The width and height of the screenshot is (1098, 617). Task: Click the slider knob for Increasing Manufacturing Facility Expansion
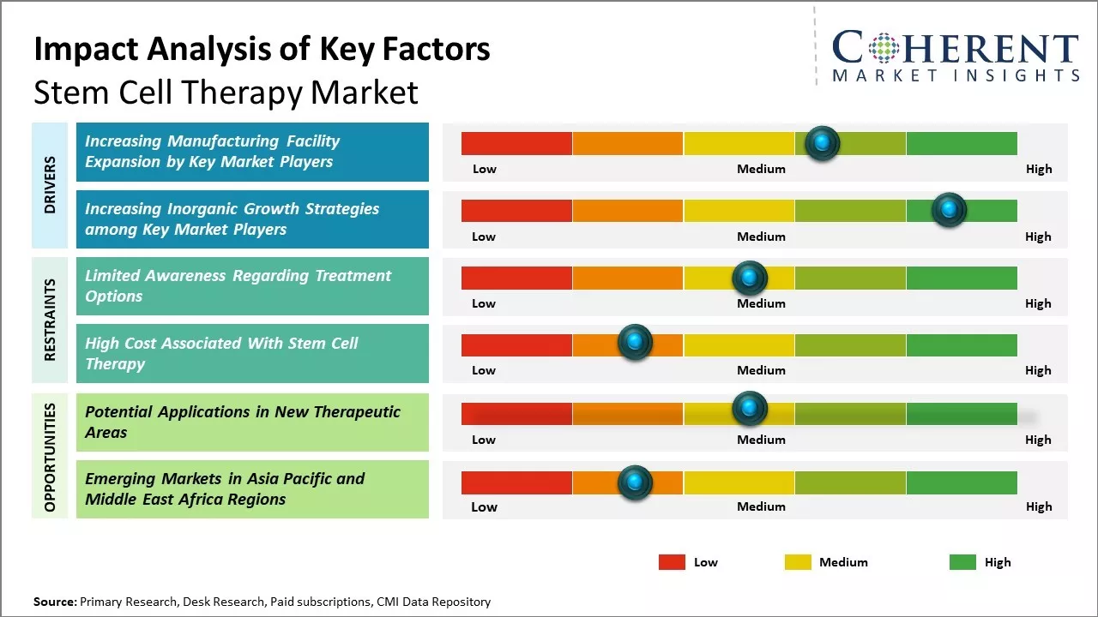(x=822, y=143)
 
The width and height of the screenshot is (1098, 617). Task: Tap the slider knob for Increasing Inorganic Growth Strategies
(x=949, y=210)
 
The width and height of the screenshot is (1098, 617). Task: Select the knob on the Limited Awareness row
(x=749, y=278)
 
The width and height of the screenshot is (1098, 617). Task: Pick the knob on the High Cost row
(x=635, y=343)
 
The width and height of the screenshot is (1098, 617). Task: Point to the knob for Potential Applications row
(x=749, y=409)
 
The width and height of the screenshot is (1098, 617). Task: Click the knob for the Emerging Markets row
(x=635, y=482)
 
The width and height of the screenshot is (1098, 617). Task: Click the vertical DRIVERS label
(x=50, y=185)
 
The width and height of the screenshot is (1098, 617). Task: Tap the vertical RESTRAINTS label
(x=50, y=320)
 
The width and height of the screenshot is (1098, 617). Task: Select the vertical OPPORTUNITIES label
(x=50, y=457)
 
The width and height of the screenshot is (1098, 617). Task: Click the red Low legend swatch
(x=672, y=562)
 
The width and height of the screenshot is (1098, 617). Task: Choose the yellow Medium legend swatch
(x=798, y=562)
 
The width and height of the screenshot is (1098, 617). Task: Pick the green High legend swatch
(x=962, y=562)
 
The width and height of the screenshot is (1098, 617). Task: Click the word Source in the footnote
(x=54, y=602)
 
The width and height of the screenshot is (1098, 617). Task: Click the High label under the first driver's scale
(x=1038, y=169)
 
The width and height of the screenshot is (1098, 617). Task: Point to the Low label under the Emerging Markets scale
(x=484, y=506)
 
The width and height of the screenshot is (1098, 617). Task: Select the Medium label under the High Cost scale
(x=761, y=370)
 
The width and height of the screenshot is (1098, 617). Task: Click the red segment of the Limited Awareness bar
(x=516, y=278)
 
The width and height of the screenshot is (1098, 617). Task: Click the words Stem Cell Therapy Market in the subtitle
(x=226, y=92)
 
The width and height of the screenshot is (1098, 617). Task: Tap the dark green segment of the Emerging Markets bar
(x=961, y=482)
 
